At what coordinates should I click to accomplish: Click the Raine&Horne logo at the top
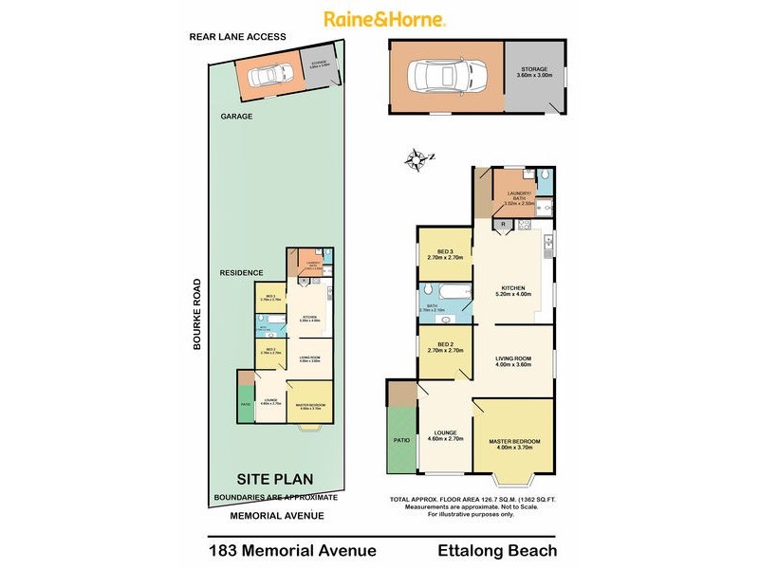[385, 19]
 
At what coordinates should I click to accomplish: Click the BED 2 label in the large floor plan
[445, 347]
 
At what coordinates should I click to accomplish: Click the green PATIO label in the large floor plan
[402, 440]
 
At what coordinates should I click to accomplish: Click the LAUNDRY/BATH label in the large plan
[521, 198]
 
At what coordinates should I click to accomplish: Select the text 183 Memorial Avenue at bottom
[292, 550]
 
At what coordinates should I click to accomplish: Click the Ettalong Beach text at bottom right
[496, 550]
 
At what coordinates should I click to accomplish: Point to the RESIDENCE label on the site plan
[242, 272]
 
